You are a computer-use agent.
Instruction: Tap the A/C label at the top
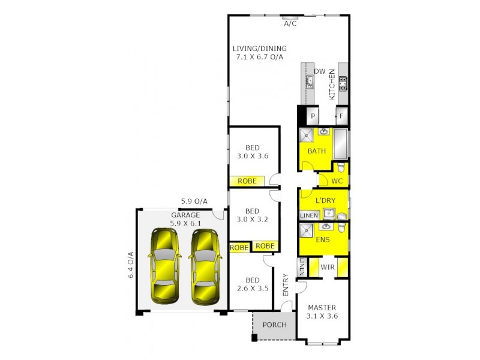click(x=290, y=25)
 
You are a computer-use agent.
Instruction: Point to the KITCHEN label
click(x=331, y=83)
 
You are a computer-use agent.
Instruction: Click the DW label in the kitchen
click(x=320, y=71)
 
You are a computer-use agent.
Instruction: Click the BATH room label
click(x=316, y=151)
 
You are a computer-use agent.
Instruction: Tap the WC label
click(x=337, y=180)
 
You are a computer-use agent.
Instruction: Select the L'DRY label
click(x=324, y=200)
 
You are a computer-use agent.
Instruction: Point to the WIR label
click(x=327, y=266)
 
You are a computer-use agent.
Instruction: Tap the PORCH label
click(x=274, y=326)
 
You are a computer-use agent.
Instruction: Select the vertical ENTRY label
click(x=285, y=285)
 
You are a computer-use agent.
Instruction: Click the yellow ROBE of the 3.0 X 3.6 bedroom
click(x=247, y=181)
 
